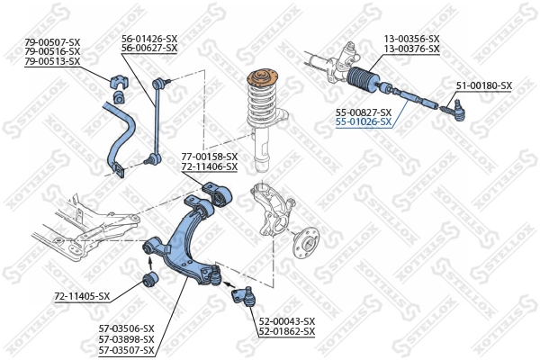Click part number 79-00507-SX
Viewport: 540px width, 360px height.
pos(52,40)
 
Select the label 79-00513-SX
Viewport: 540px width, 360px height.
pos(52,61)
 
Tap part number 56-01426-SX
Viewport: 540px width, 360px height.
pos(149,39)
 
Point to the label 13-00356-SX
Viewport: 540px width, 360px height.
pos(411,39)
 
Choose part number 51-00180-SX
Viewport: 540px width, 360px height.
pos(483,85)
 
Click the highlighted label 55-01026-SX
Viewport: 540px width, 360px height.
pos(364,121)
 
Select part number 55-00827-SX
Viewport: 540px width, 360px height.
pos(364,112)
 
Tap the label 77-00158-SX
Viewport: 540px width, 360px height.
pos(209,157)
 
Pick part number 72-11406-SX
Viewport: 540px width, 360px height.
pos(209,167)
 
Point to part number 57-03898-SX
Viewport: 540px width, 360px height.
pos(126,339)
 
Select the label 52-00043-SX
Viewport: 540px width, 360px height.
pos(287,321)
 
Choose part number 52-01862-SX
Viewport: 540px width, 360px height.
pos(287,332)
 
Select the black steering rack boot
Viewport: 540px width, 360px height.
pos(366,80)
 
